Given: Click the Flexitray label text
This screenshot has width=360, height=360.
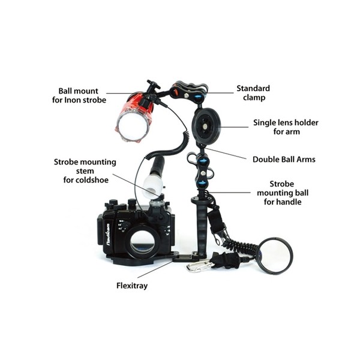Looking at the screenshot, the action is point(132,286).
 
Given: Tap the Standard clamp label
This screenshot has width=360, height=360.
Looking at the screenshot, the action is point(253,93).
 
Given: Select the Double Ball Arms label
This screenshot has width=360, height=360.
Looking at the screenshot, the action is point(284,160).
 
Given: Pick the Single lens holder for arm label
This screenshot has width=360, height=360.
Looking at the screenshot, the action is point(286,127).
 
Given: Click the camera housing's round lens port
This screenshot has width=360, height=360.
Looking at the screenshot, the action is point(142,242).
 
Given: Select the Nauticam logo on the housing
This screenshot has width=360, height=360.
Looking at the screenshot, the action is point(108,235).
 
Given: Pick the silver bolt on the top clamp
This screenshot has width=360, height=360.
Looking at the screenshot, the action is point(187,94).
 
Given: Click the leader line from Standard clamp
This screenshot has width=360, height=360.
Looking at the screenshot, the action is point(220,93).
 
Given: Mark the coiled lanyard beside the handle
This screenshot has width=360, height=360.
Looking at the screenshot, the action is point(239,245).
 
